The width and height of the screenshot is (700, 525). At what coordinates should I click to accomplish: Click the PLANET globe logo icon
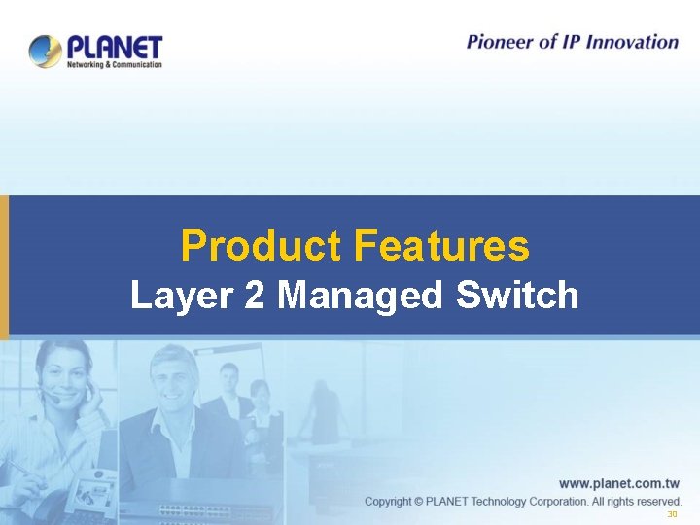[45, 51]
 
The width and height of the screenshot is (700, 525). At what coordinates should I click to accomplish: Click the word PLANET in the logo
[114, 46]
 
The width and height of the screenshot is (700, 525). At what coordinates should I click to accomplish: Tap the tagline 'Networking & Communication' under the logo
[114, 64]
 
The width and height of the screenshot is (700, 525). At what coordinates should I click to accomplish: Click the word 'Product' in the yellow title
[262, 246]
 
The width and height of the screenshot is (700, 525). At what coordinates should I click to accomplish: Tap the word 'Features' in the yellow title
[441, 246]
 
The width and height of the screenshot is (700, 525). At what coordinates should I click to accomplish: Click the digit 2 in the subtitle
[254, 295]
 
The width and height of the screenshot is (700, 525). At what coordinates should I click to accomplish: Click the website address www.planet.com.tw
[619, 483]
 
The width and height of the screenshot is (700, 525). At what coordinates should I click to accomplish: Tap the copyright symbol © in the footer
[417, 502]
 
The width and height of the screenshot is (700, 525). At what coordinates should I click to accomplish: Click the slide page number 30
[671, 514]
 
